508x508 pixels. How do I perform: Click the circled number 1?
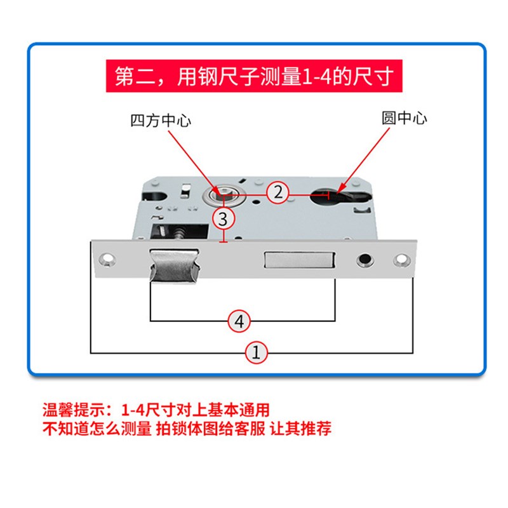point(257,352)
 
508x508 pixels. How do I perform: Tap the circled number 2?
point(278,192)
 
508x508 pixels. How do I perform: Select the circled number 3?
point(223,219)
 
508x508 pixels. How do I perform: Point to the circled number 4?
point(239,321)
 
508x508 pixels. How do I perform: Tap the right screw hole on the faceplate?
point(401,260)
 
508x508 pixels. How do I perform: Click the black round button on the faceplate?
point(365,260)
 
